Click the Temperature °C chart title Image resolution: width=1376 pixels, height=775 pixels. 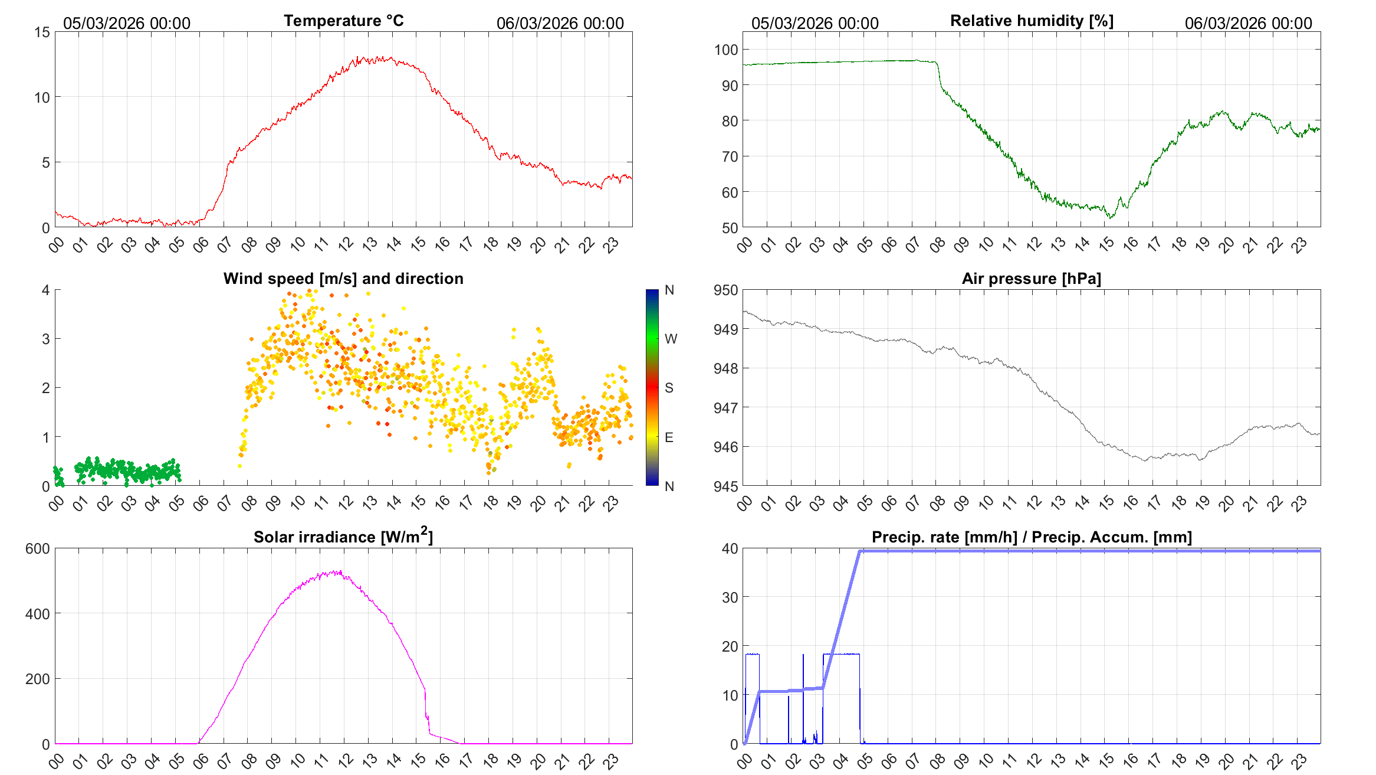coord(343,21)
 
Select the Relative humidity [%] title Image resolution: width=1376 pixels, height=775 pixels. coord(1032,21)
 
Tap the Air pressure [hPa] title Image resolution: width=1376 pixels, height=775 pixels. coord(1031,279)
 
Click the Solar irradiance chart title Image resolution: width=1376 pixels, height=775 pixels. coord(343,537)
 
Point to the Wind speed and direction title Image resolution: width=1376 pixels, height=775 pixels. coord(343,279)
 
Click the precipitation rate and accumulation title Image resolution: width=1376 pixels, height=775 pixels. coord(1032,537)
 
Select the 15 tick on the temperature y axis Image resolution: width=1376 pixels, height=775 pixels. coord(42,32)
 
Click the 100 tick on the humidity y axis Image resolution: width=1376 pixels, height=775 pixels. coord(726,50)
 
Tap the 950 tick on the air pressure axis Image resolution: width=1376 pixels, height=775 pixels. coord(726,290)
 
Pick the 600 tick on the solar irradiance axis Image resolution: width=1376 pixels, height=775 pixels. coord(38,549)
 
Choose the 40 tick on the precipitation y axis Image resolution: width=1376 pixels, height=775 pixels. coord(730,549)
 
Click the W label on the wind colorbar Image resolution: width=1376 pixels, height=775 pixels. coord(671,339)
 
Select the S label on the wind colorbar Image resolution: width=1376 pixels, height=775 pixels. coord(669,388)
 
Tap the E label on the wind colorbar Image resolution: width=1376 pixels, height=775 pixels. coord(669,437)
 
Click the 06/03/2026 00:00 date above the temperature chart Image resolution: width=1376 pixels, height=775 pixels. coord(560,24)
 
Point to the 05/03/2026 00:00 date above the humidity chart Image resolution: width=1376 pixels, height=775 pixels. coord(815,24)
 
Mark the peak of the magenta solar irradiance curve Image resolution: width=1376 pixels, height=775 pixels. coord(340,571)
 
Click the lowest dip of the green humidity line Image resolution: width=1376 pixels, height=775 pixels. coord(1110,218)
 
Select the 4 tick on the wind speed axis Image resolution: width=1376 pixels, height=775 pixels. coord(46,290)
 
